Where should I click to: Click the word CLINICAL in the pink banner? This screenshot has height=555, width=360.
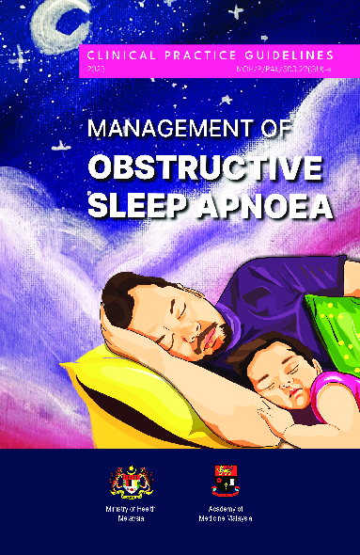[117, 55]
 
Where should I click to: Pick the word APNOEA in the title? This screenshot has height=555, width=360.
[270, 204]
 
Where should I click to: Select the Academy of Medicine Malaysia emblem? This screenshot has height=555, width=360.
[222, 482]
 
